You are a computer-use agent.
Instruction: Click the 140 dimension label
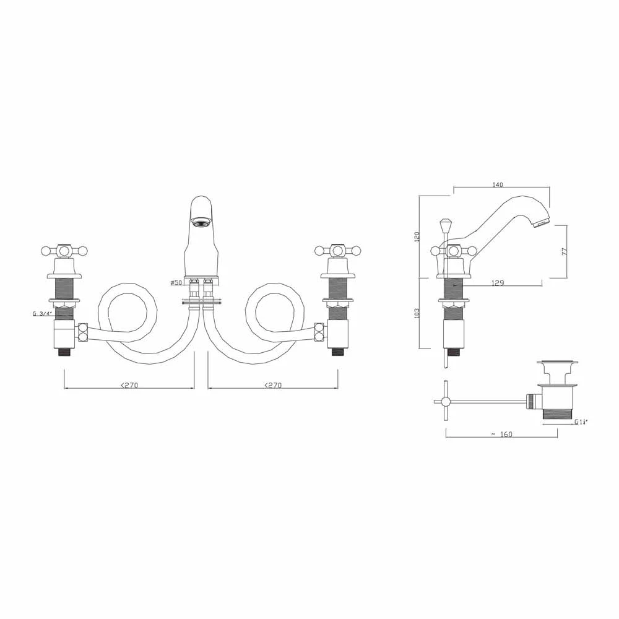pyautogui.click(x=498, y=184)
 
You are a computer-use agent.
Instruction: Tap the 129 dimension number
pyautogui.click(x=498, y=283)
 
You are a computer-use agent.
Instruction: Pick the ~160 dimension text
pyautogui.click(x=501, y=434)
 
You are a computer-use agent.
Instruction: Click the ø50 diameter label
pyautogui.click(x=176, y=283)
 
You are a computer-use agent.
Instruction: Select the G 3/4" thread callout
pyautogui.click(x=42, y=313)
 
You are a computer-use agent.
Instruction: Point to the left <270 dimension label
pyautogui.click(x=129, y=385)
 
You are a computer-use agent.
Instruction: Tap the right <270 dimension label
pyautogui.click(x=272, y=385)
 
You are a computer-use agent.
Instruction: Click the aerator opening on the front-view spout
pyautogui.click(x=201, y=220)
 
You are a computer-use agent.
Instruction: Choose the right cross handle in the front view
pyautogui.click(x=337, y=251)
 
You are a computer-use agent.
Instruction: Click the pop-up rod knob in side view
pyautogui.click(x=444, y=223)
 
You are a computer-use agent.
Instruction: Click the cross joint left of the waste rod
pyautogui.click(x=444, y=401)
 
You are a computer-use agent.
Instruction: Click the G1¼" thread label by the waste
pyautogui.click(x=580, y=422)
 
